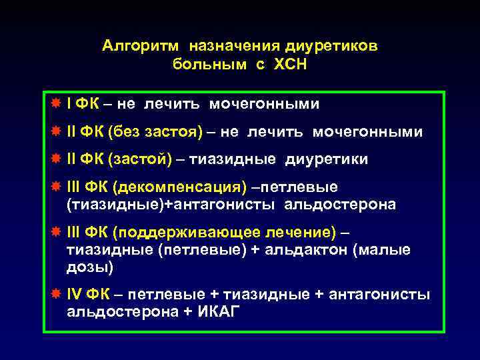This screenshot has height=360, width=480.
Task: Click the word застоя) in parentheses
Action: (177, 132)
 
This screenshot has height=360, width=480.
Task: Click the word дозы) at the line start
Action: (90, 267)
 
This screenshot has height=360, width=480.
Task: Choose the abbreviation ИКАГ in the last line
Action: (223, 311)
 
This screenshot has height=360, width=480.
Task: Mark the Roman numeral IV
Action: (75, 294)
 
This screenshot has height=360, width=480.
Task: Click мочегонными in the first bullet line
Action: (265, 104)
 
